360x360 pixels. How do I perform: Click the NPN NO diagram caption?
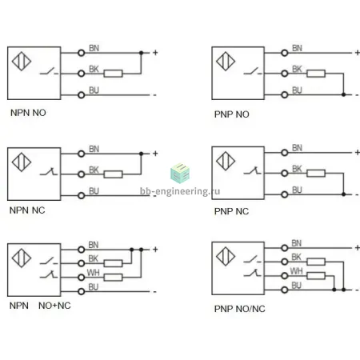[x=28, y=113]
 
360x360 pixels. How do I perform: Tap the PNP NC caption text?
[x=231, y=211]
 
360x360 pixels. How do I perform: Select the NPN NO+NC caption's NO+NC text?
[x=54, y=306]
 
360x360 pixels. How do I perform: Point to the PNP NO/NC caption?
[x=240, y=309]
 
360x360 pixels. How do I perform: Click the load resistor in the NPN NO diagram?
[x=113, y=74]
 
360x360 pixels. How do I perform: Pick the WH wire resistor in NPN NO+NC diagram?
[x=113, y=278]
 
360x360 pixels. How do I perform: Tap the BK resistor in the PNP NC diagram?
[x=316, y=174]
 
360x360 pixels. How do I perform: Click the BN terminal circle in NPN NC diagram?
[x=82, y=154]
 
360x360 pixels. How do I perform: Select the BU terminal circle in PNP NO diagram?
[x=285, y=94]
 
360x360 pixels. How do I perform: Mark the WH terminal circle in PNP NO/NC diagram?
[x=285, y=276]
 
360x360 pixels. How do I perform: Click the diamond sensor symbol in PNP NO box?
[x=226, y=61]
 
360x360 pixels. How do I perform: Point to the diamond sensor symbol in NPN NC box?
[x=22, y=162]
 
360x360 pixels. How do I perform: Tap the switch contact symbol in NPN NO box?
[x=49, y=71]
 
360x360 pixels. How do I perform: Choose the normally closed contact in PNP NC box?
[x=253, y=170]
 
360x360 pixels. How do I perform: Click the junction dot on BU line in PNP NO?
[x=343, y=94]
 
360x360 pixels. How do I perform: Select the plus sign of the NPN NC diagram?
[x=155, y=154]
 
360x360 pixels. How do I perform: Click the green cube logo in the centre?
[x=180, y=173]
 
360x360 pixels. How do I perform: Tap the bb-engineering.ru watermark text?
[x=180, y=191]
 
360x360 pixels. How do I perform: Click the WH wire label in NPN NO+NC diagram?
[x=94, y=273]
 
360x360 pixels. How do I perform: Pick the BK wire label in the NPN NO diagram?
[x=94, y=69]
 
